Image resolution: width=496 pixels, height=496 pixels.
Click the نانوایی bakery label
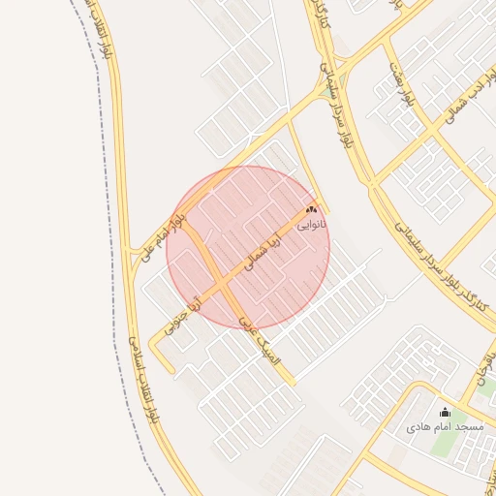[312, 224]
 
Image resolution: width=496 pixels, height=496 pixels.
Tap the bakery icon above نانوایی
[311, 208]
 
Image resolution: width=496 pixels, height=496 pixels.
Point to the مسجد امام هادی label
[445, 427]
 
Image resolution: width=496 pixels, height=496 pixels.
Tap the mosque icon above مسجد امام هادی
[445, 413]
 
